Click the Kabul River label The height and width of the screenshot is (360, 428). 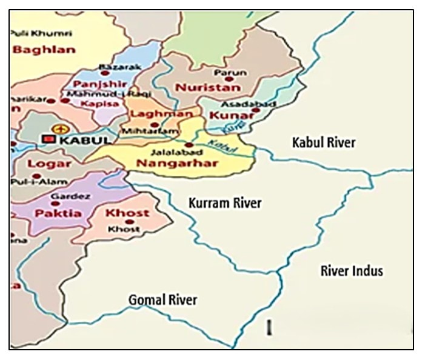click(323, 143)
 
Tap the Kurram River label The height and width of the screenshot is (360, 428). click(225, 203)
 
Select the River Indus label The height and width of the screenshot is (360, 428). click(352, 271)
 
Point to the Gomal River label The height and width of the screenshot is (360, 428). click(162, 299)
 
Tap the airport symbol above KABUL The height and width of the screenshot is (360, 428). click(59, 128)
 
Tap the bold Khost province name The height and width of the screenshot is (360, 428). click(127, 213)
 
